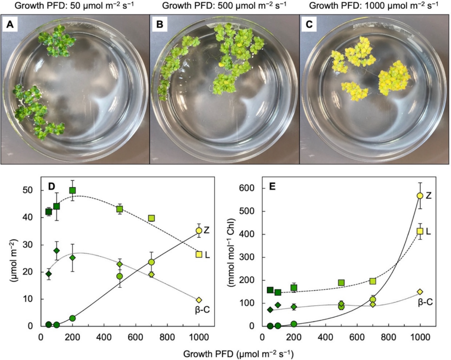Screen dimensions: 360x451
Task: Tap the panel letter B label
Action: coord(160,25)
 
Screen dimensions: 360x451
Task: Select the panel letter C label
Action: coord(309,25)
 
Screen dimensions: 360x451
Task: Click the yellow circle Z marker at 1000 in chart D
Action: coord(199,231)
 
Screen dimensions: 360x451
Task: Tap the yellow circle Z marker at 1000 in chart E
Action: coord(420,196)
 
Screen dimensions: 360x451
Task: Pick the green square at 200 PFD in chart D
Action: coord(73,190)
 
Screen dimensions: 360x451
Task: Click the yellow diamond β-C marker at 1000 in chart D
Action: coord(199,300)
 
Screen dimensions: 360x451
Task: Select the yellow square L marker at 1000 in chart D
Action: coord(199,254)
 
